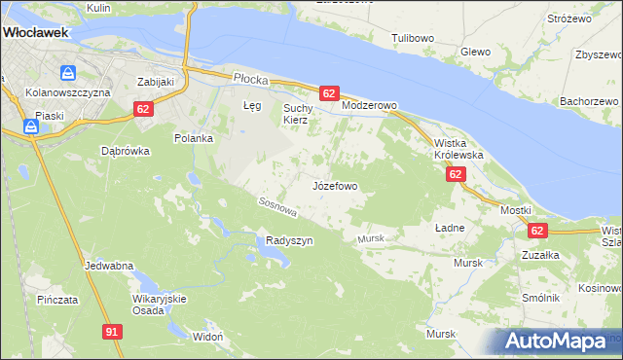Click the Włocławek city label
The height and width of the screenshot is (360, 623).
34,32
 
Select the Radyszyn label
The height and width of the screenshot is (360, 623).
289,241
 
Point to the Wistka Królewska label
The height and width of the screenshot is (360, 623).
458,148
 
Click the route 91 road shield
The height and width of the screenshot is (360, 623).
112,332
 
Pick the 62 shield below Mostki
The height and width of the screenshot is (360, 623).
538,231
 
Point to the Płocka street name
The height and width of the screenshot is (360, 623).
249,75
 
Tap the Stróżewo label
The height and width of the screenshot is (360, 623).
570,18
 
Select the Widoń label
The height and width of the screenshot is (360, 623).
208,336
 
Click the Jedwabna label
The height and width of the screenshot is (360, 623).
109,266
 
